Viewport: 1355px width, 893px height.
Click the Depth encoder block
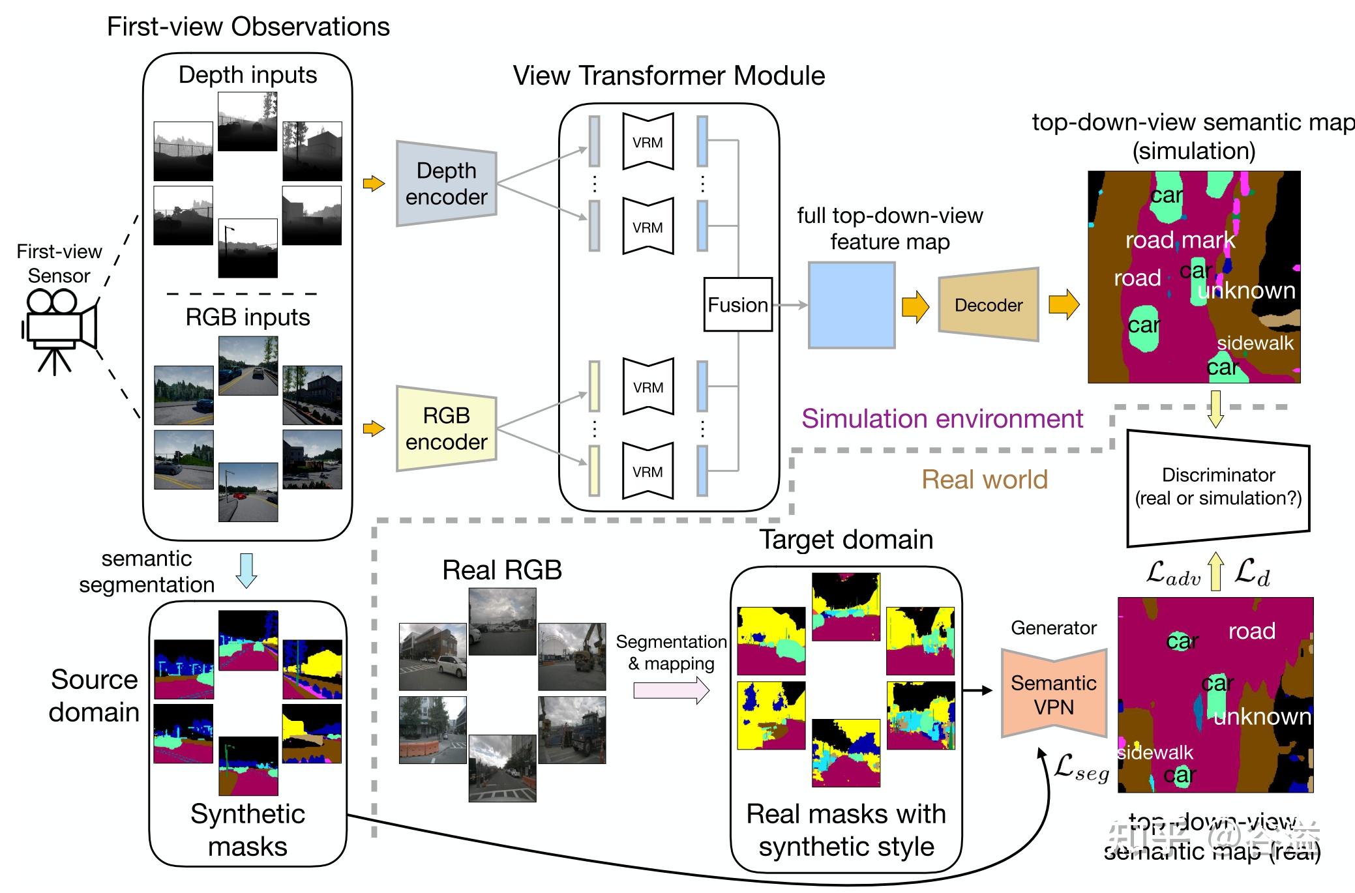tap(447, 184)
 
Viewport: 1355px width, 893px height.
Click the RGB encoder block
tap(447, 429)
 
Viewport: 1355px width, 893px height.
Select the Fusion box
tap(737, 305)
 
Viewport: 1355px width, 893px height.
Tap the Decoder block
tap(988, 305)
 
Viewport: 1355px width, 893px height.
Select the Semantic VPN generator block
tap(1054, 694)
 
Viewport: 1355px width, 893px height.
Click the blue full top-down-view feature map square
tap(852, 305)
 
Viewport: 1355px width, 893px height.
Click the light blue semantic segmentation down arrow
tap(246, 570)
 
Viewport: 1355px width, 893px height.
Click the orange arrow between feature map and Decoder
tap(916, 306)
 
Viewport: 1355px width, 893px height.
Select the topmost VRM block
tap(648, 142)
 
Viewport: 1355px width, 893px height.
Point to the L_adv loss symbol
tap(1173, 574)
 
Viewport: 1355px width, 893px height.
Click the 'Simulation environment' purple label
tap(942, 418)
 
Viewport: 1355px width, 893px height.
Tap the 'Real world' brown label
tap(984, 480)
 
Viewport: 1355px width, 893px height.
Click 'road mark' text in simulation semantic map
tap(1180, 240)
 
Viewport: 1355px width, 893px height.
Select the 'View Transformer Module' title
tap(668, 76)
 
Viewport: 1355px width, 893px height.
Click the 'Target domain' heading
tap(846, 540)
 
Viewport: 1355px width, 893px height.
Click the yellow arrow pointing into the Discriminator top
tap(1215, 409)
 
